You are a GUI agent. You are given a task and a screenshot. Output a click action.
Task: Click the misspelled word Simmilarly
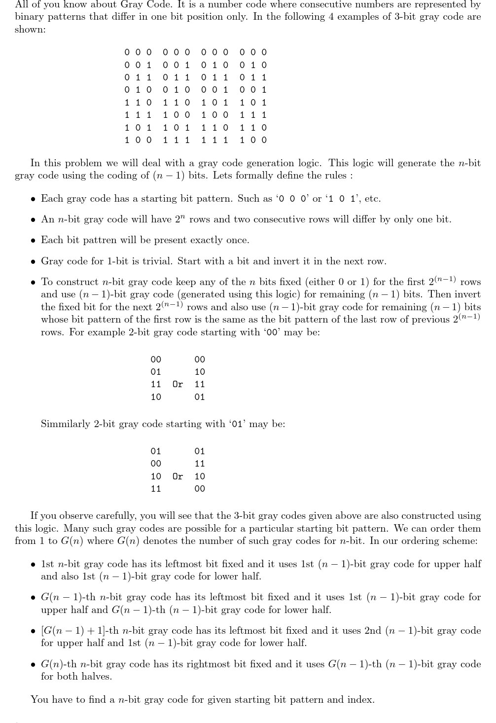click(x=66, y=424)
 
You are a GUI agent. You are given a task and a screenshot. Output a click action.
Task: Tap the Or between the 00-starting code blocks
click(x=177, y=384)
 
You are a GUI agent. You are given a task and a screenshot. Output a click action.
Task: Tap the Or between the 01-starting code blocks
click(x=177, y=476)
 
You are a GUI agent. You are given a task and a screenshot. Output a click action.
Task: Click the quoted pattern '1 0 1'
click(x=341, y=199)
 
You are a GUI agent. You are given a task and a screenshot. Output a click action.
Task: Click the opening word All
click(x=22, y=4)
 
